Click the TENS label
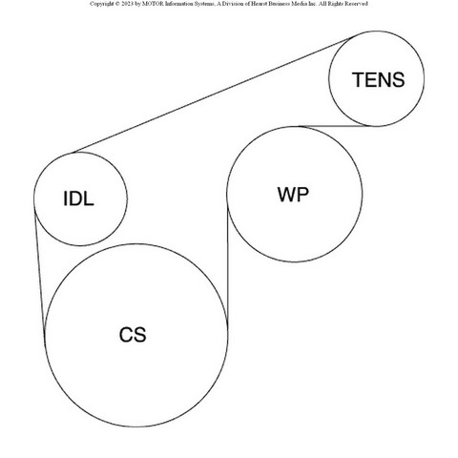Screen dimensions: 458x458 (378, 79)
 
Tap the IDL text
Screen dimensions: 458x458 (78, 198)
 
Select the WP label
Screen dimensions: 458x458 (293, 195)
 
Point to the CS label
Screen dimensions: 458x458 (133, 335)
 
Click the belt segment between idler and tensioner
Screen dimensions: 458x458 (211, 95)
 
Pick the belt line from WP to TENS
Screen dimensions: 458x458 (335, 126)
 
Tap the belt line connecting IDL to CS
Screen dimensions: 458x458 (39, 270)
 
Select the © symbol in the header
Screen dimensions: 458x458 (116, 4)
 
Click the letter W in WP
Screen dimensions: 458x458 (287, 195)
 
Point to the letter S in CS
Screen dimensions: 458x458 (140, 335)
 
